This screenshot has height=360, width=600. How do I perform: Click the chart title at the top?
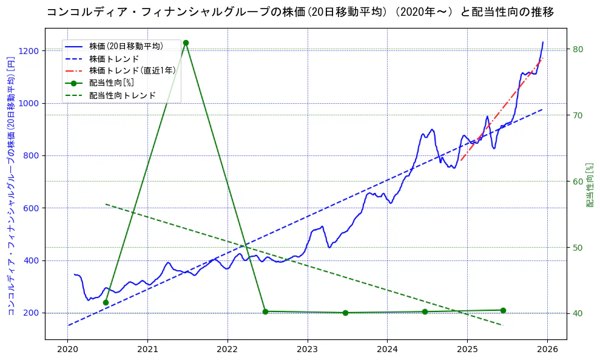[300, 12]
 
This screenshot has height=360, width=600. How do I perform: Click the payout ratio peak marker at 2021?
[186, 43]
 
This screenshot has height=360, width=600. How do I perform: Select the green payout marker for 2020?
[106, 302]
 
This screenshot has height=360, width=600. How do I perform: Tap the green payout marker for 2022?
[265, 311]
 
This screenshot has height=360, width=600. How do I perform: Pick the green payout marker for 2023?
[345, 313]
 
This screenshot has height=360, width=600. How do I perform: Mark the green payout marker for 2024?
[425, 311]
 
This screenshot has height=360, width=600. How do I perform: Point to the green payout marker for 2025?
[503, 310]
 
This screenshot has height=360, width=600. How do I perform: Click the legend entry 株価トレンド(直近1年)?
[132, 70]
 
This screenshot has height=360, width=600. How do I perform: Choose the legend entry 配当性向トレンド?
[122, 95]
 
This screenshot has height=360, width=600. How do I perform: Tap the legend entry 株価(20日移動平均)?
[126, 46]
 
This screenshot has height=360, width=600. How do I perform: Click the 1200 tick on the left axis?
[31, 50]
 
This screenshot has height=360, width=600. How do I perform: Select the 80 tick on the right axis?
[578, 49]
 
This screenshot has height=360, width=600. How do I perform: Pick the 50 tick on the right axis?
[578, 247]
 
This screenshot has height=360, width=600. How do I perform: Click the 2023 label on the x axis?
[308, 350]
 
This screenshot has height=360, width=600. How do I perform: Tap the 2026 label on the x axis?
[547, 350]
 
